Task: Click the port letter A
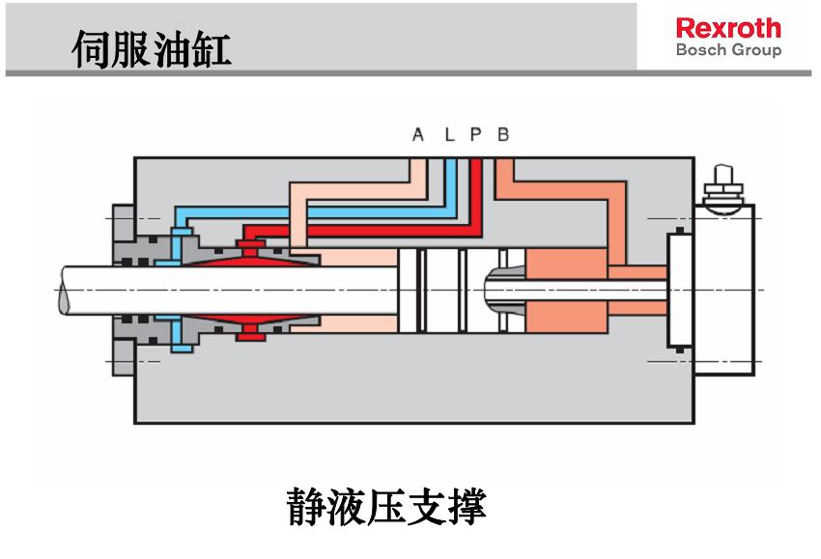point(417,135)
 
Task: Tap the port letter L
point(448,135)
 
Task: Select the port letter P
point(475,135)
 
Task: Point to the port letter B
point(503,135)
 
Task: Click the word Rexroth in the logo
point(728,27)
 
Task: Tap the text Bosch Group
point(728,49)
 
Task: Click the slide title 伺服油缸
point(152,48)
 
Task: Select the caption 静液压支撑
point(386,506)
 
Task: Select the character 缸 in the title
point(212,48)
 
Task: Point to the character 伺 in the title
point(93,48)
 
